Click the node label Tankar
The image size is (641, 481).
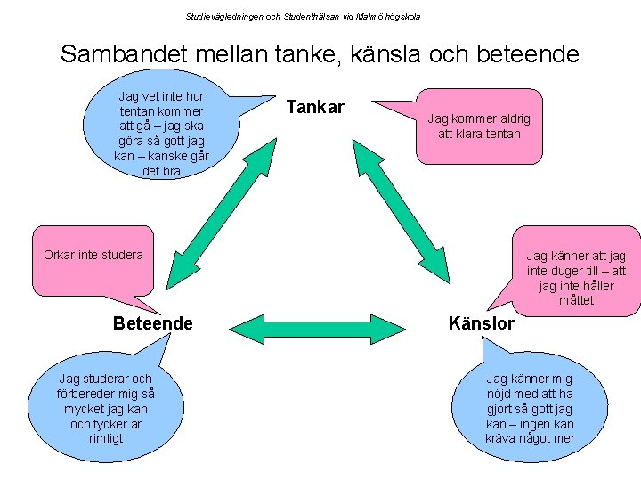point(315,108)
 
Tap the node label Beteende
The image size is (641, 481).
point(152,323)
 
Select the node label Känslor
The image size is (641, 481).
point(482,323)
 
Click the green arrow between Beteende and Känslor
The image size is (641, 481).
point(317,328)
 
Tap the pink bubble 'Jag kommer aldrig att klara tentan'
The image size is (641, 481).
point(478,126)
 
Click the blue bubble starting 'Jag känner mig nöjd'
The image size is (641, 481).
point(530,408)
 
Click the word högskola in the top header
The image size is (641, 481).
point(402,16)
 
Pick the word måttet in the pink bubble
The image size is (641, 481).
point(576,300)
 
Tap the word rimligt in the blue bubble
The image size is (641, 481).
point(105,438)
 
